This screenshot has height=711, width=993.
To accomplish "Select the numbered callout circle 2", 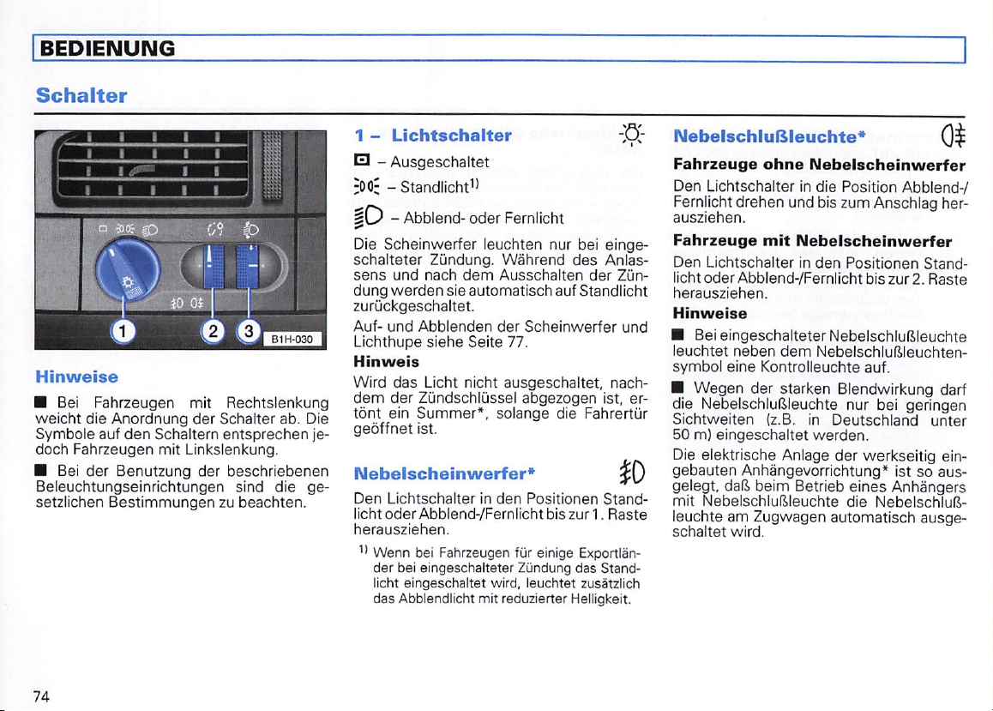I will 215,330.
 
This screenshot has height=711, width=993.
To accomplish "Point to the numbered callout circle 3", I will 249,330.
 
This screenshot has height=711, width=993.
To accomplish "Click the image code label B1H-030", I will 293,340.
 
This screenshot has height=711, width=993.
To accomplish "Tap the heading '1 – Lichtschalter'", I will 433,135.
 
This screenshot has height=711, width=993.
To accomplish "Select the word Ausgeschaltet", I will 440,162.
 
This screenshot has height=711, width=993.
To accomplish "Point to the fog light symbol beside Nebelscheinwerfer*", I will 636,473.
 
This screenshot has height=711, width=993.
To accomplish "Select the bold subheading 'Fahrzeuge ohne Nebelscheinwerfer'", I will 820,164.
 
